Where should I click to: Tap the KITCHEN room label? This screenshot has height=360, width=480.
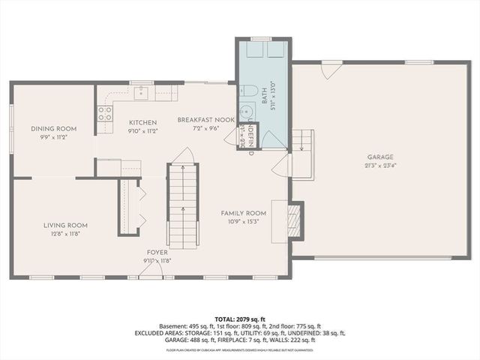pyautogui.click(x=142, y=122)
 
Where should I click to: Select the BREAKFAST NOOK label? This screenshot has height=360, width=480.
pyautogui.click(x=206, y=120)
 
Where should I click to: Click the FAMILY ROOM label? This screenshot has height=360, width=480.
pyautogui.click(x=244, y=213)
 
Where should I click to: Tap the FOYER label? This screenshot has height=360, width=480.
pyautogui.click(x=157, y=253)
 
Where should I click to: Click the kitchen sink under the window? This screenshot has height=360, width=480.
pyautogui.click(x=141, y=93)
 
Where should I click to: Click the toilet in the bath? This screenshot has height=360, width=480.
pyautogui.click(x=250, y=92)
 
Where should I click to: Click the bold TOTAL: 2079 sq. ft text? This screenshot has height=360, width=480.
pyautogui.click(x=239, y=319)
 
